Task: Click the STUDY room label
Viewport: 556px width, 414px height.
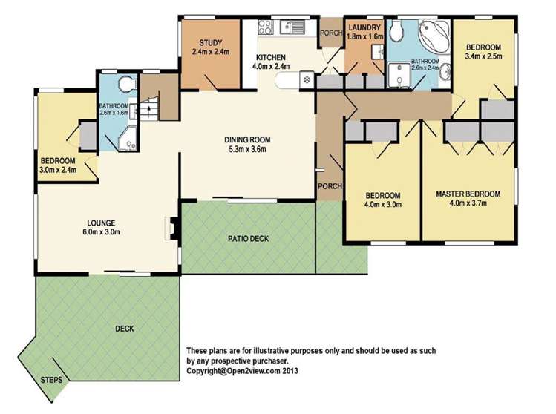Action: [x=210, y=43]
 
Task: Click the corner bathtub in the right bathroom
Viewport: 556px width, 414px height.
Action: [x=431, y=34]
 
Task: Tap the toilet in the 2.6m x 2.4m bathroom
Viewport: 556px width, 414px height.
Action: [x=399, y=30]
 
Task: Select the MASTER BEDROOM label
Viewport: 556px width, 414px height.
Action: [x=468, y=194]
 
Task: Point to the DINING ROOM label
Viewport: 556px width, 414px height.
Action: [x=248, y=139]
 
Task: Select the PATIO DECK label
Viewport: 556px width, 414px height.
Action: [x=248, y=239]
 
